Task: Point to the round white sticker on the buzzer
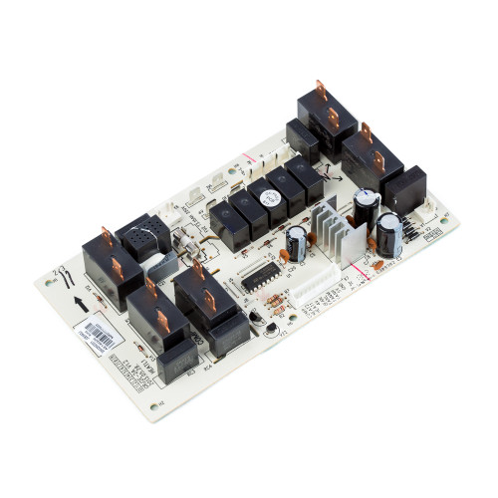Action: [x=267, y=198]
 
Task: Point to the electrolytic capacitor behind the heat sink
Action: [x=366, y=205]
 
